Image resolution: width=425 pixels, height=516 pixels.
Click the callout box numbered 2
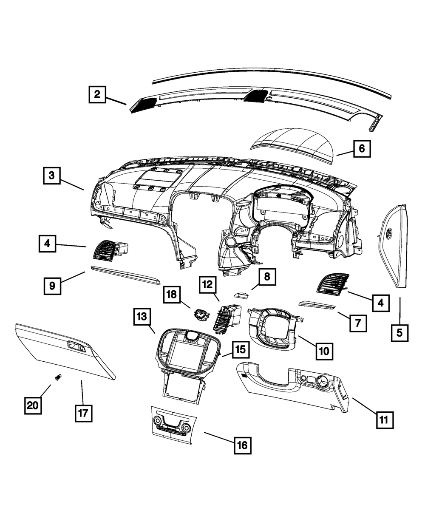(97, 94)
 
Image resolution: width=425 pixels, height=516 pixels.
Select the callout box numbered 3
(51, 176)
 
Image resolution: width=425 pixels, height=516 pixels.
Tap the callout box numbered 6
(361, 149)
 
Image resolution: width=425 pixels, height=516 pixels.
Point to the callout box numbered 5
(399, 332)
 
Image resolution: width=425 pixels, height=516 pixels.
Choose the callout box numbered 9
(52, 286)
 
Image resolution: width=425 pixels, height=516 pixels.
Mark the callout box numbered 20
(33, 405)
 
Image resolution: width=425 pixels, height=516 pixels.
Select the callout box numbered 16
(242, 445)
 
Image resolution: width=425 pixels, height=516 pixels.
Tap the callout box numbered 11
(384, 420)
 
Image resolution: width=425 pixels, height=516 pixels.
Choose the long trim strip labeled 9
(125, 275)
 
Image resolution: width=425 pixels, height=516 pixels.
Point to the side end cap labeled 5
(394, 247)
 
